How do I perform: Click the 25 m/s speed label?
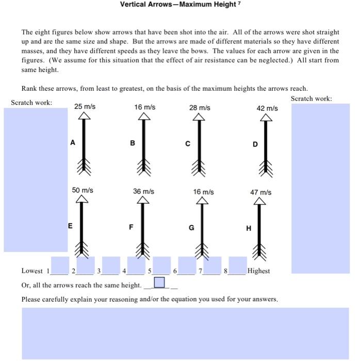coord(85,107)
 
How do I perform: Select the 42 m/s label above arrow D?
coord(267,108)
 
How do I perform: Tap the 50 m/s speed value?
coord(83,190)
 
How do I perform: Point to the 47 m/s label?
coord(261,192)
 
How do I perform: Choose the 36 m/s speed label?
coord(143,191)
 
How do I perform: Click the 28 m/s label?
coord(200,108)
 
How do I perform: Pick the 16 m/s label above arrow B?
coord(144,107)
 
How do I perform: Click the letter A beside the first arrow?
coord(72,143)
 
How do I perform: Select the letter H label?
coord(249,229)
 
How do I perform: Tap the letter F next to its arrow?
coord(131,227)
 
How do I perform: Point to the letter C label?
coord(188,144)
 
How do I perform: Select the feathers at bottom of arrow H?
coord(259,252)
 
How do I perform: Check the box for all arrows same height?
coord(160,283)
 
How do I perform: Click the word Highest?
coord(258,271)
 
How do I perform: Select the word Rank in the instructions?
coord(30,88)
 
